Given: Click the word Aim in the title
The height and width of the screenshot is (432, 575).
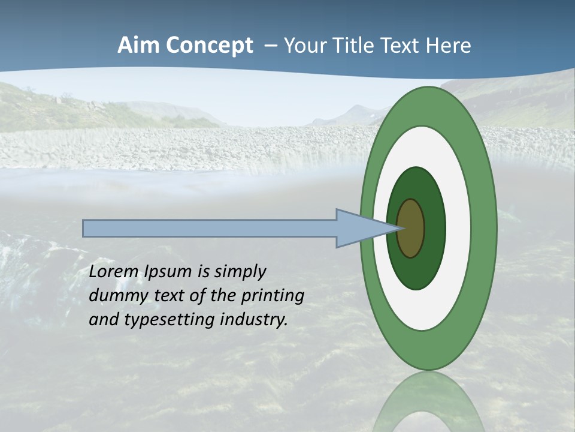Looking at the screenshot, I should point(137,46).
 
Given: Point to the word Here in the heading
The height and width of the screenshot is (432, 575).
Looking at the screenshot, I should point(449,46).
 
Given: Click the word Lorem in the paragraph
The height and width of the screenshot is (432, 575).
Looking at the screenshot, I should point(114,272).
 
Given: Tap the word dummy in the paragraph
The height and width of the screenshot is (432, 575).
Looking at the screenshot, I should point(116,296).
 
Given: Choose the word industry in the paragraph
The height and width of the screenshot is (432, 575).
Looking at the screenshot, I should point(254,320).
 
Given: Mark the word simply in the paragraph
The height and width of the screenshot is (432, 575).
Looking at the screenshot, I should point(240,272).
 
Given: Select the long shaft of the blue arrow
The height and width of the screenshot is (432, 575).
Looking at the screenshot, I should point(210,229).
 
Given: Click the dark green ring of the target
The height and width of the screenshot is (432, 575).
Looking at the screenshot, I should point(435,228).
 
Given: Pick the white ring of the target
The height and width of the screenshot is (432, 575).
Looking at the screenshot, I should point(458,228).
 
